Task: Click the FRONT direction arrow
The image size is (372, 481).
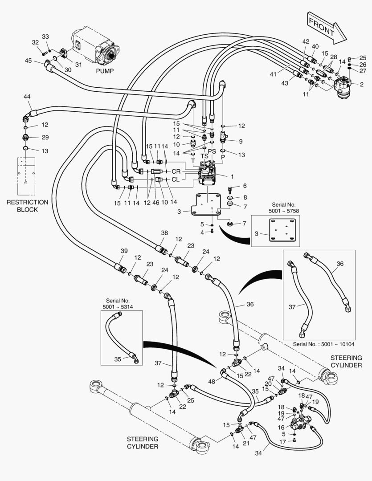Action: coord(327,28)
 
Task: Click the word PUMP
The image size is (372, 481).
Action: coord(105,71)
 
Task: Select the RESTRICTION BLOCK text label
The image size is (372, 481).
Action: coord(27,206)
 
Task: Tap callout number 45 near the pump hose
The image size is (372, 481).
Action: coord(28,61)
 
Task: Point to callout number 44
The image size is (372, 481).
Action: coord(27,97)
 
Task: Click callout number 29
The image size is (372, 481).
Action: coord(45,137)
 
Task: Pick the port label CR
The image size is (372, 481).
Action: coord(176,171)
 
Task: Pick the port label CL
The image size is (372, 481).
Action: coord(176,179)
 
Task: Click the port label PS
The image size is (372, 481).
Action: coord(212,151)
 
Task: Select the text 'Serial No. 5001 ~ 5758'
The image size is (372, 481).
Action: coord(284,208)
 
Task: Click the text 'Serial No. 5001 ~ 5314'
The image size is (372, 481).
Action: coord(118,304)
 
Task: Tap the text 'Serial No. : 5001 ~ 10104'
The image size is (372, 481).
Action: coord(323,344)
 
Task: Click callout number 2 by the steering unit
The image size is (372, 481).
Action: coord(362,84)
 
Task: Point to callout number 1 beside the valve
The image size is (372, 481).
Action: coord(233,177)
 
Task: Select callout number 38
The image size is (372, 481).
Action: coord(164,233)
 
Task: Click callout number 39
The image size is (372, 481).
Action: coord(124,251)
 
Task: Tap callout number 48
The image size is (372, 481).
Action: coord(212,382)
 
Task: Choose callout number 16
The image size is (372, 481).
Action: coord(282,427)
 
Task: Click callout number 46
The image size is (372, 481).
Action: coord(156,203)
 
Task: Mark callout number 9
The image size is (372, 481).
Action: coord(241,142)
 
